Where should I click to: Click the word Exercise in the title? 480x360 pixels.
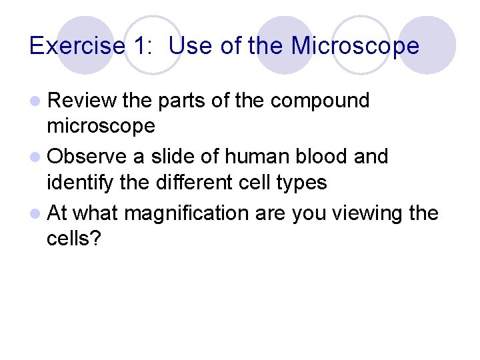(77, 46)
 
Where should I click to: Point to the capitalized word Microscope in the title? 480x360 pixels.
(356, 46)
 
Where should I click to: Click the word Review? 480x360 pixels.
(82, 101)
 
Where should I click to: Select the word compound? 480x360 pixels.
(321, 101)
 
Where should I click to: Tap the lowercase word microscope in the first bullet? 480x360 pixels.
(101, 126)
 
